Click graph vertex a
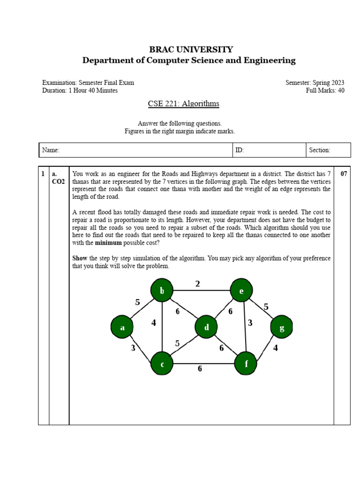point(122,327)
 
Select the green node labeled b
point(162,291)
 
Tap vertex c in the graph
point(162,364)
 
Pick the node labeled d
point(207,327)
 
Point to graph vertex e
point(241,291)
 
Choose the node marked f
point(246,364)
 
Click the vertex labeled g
point(282,327)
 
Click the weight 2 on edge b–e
point(198,284)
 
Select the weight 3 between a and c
point(133,348)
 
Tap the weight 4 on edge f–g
point(276,348)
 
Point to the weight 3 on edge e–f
point(250,322)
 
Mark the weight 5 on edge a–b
point(137,302)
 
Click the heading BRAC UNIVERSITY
point(190,49)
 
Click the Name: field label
point(51,150)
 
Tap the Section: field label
point(320,150)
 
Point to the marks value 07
point(344,174)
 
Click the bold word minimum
point(108,243)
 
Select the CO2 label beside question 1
point(59,181)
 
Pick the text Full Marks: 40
point(325,90)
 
